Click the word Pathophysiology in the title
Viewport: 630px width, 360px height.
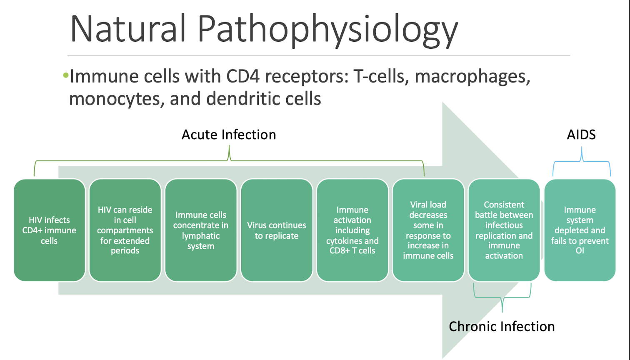tap(327, 30)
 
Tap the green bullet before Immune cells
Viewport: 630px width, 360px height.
tap(65, 76)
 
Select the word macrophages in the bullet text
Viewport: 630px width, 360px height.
tap(472, 77)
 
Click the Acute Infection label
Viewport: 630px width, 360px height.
tap(229, 135)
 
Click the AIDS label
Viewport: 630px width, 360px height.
tap(581, 135)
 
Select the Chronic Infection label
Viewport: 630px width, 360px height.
tap(502, 326)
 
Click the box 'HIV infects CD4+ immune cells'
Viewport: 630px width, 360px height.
tap(49, 230)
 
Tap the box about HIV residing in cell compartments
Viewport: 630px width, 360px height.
tap(125, 230)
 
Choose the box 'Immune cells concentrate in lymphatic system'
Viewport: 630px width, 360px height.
tap(201, 230)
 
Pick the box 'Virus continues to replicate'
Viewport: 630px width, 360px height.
tap(277, 230)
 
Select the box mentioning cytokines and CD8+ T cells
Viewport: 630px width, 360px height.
tap(352, 230)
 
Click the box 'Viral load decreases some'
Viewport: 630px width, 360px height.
tap(428, 230)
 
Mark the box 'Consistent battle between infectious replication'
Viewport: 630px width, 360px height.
tap(504, 230)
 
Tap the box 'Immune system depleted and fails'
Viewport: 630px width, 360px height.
tap(580, 230)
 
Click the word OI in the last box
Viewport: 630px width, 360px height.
tap(580, 251)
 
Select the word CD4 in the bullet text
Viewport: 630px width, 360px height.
tap(241, 77)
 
